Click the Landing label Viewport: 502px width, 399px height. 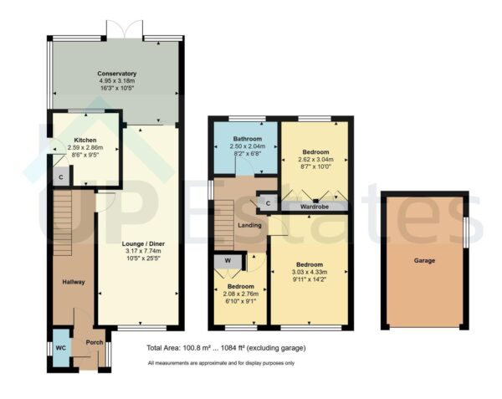[x=248, y=225]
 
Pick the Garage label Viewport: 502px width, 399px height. [x=423, y=260]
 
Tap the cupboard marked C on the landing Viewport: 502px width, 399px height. [x=267, y=202]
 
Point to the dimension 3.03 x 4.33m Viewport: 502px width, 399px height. [x=310, y=271]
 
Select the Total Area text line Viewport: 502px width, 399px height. [x=226, y=347]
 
